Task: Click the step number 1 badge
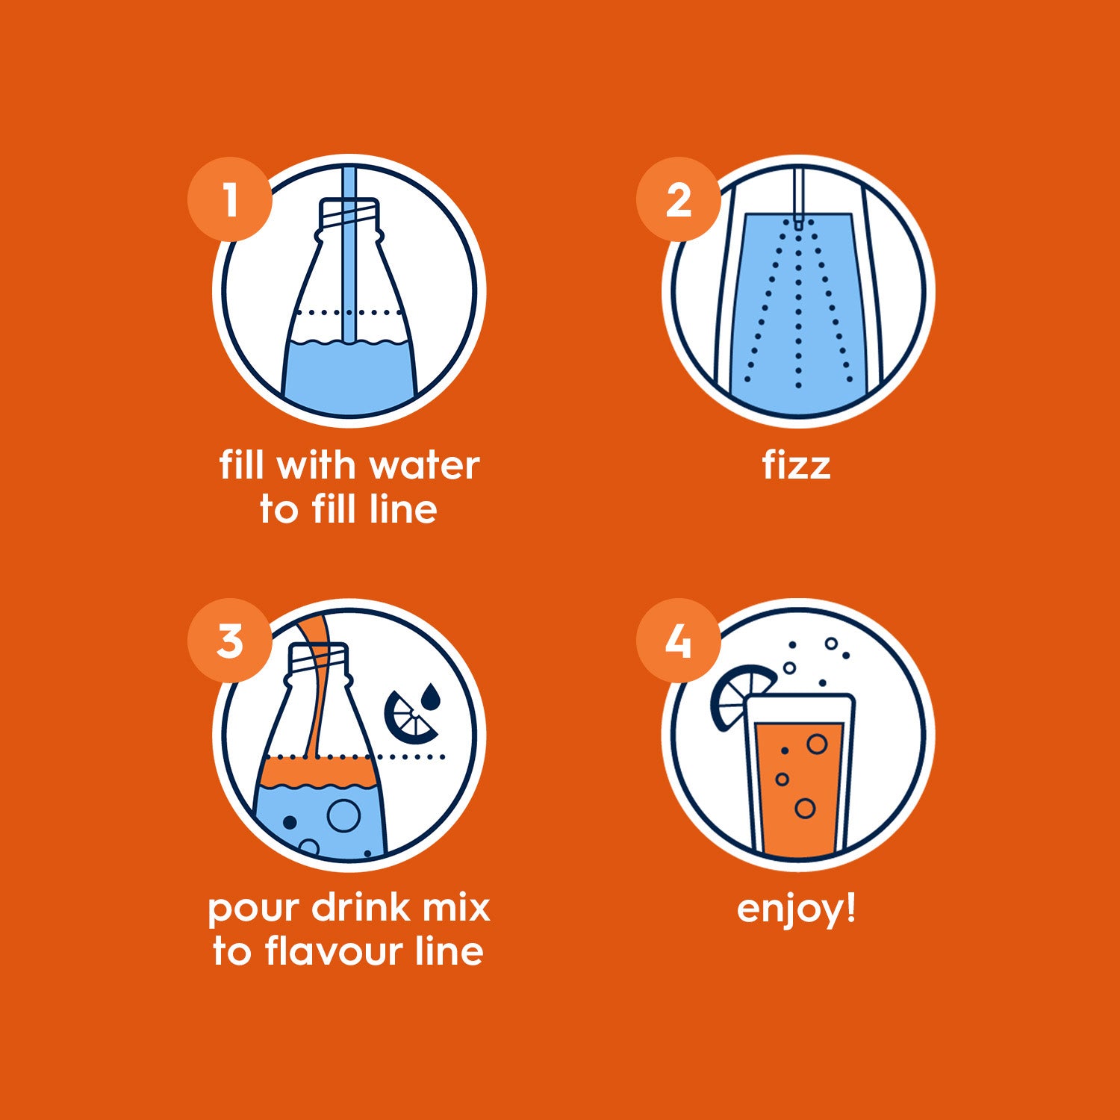pos(229,199)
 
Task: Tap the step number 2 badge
pos(678,199)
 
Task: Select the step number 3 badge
pos(229,641)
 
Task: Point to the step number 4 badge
pos(678,641)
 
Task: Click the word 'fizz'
pos(796,465)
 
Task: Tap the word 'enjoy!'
pos(796,909)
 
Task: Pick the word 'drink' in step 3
pos(361,908)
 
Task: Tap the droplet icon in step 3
pos(431,697)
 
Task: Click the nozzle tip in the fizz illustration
pos(798,222)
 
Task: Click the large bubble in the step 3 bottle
pos(344,816)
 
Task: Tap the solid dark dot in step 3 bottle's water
pos(290,823)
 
